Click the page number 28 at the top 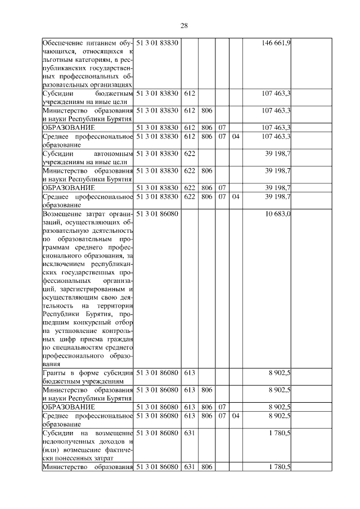(184, 25)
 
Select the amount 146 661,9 (276, 43)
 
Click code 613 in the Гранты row (189, 372)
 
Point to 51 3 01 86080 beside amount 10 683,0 (157, 214)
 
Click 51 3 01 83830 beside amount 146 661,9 (157, 43)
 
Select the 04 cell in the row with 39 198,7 (235, 197)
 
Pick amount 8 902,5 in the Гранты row (280, 372)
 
